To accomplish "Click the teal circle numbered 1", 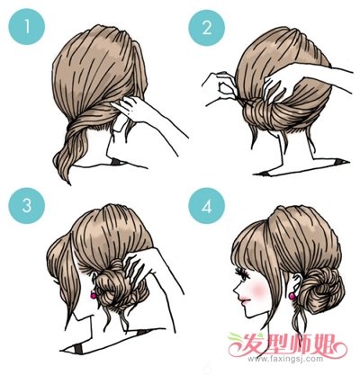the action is (x=27, y=26).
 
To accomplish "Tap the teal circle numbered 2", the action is (x=207, y=27).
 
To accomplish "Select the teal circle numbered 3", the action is (x=27, y=206).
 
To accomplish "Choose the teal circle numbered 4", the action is (x=207, y=206).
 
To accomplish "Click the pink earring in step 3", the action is (x=94, y=296).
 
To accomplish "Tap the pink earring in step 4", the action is (x=292, y=296).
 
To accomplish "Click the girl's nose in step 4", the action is (x=237, y=290).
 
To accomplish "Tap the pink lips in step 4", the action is (x=243, y=300).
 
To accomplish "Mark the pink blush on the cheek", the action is (x=258, y=289).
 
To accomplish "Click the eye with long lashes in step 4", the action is (x=244, y=275).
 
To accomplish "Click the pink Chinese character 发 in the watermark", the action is (x=251, y=344).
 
